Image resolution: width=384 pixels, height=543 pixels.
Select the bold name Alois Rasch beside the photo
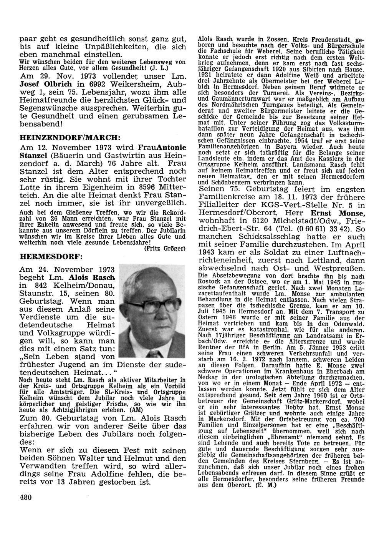coord(92,278)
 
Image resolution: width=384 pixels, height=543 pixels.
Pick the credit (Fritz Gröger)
coord(164,248)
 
